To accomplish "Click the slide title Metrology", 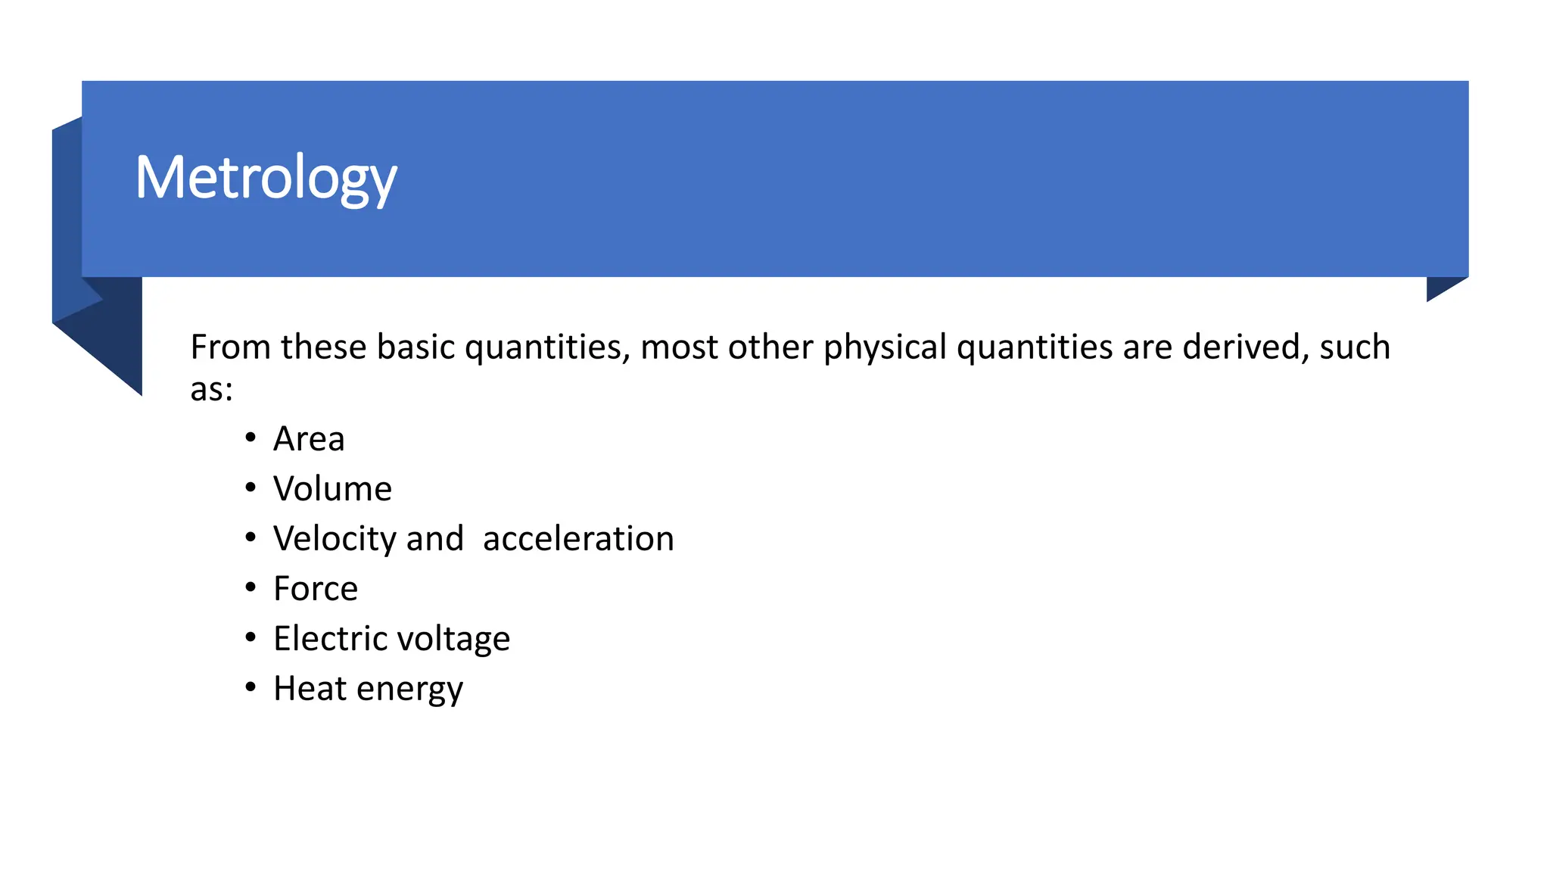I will pyautogui.click(x=266, y=178).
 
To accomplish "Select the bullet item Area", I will pyautogui.click(x=309, y=439).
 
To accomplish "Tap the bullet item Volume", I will pyautogui.click(x=332, y=489).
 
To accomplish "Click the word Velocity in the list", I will pyautogui.click(x=335, y=539).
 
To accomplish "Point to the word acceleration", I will pyautogui.click(x=578, y=539).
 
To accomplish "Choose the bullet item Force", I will pyautogui.click(x=316, y=589).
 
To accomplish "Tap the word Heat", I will pyautogui.click(x=310, y=688).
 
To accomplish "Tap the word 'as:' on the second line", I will pyautogui.click(x=211, y=390).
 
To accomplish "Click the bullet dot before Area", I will pyautogui.click(x=251, y=438).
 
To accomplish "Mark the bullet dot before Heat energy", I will pyautogui.click(x=251, y=687).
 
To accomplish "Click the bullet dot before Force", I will pyautogui.click(x=251, y=587).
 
